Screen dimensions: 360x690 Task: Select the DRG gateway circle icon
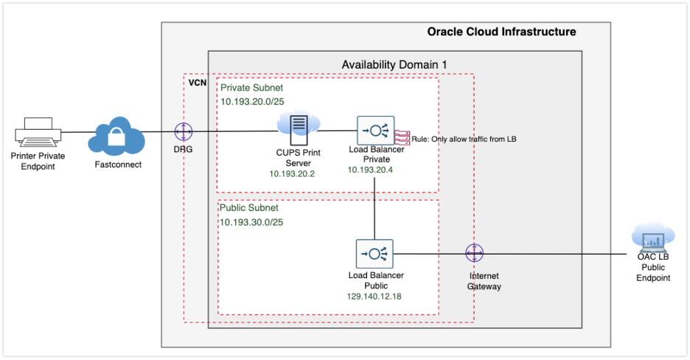click(183, 132)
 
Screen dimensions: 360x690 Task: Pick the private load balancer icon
click(375, 131)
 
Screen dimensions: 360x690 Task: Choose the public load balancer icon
click(375, 254)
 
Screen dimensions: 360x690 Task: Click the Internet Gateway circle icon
click(474, 253)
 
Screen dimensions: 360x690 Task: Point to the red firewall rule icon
click(402, 136)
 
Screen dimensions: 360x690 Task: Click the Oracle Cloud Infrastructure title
click(501, 32)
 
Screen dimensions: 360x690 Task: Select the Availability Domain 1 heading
click(394, 64)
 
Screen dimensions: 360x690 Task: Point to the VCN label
click(198, 83)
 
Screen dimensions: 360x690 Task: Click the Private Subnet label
click(251, 88)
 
